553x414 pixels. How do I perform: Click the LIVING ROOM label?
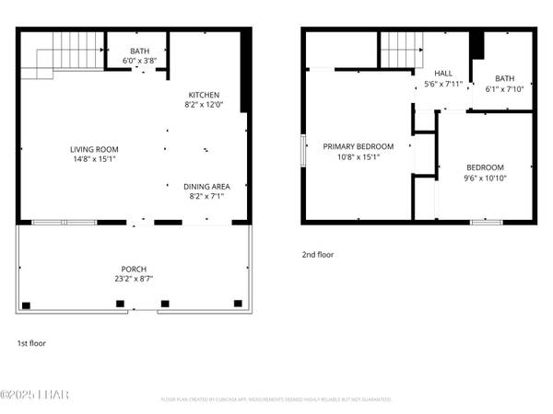click(94, 149)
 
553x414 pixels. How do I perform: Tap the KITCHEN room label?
click(204, 95)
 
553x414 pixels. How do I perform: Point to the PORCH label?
click(134, 269)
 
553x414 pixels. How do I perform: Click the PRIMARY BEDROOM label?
click(358, 146)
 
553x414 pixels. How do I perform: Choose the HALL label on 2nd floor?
click(443, 74)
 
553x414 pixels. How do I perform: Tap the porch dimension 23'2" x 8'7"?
click(134, 279)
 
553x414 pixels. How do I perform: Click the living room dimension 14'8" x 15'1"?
click(94, 159)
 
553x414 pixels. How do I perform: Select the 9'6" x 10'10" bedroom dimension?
click(485, 178)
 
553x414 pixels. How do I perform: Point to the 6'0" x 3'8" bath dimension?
click(139, 61)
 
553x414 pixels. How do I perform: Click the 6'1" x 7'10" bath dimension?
click(504, 89)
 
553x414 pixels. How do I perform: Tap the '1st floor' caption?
click(31, 343)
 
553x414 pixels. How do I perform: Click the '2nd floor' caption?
click(317, 254)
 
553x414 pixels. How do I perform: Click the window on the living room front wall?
click(65, 222)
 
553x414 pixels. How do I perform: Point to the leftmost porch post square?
click(26, 305)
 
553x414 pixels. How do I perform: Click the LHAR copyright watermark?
click(35, 396)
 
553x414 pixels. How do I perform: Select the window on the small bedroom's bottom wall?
click(486, 222)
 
